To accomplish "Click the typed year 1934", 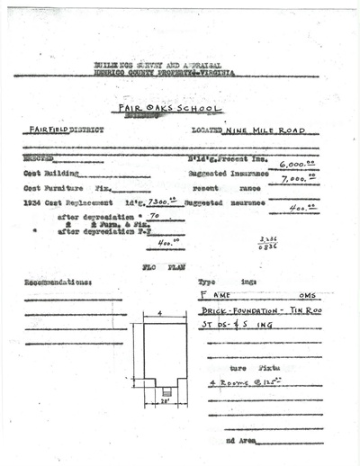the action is pos(33,203).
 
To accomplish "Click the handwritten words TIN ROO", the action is pos(289,309).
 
